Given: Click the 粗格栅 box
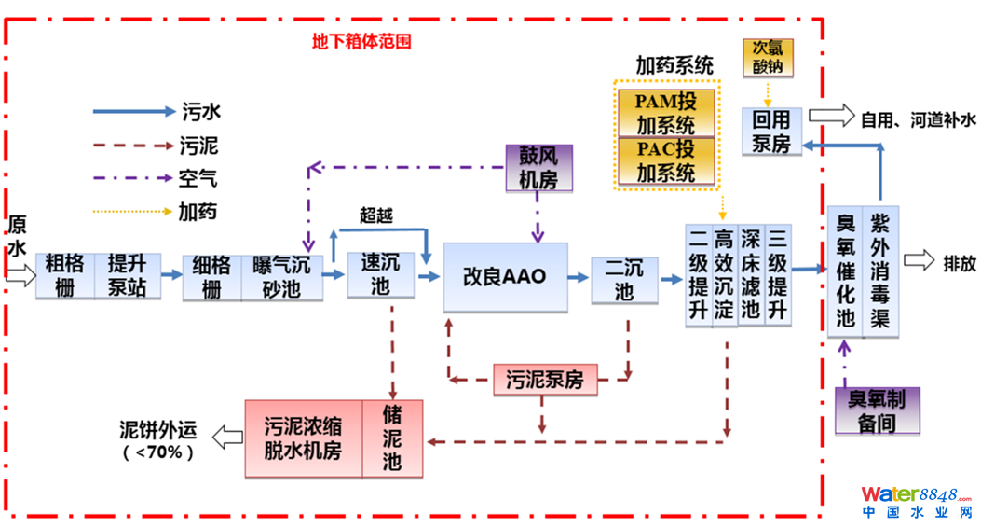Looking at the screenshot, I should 65,275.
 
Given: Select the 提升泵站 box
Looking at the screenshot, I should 127,275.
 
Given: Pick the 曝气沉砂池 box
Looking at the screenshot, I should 282,277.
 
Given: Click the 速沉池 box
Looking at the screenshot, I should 380,275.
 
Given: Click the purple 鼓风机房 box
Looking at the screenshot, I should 538,168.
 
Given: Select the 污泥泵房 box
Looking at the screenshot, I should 544,380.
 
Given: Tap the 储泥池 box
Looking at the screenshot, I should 392,438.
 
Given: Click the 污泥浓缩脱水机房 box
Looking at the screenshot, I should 303,438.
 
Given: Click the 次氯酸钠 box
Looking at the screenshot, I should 768,57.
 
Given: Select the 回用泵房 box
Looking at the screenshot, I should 771,131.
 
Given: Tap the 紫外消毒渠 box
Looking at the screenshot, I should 880,271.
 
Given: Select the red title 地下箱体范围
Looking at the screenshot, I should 361,42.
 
